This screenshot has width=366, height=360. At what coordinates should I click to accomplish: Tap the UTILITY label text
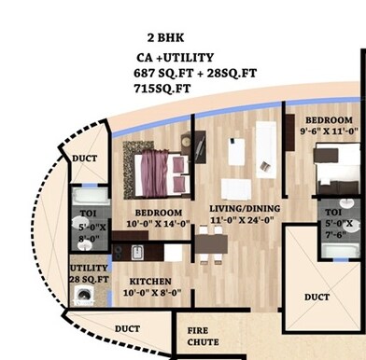tap(89, 268)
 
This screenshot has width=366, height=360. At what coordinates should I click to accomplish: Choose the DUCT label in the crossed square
tap(317, 297)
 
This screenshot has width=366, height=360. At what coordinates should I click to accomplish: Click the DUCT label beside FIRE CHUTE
tap(127, 328)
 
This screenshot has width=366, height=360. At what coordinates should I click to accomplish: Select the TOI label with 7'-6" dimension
tap(334, 212)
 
